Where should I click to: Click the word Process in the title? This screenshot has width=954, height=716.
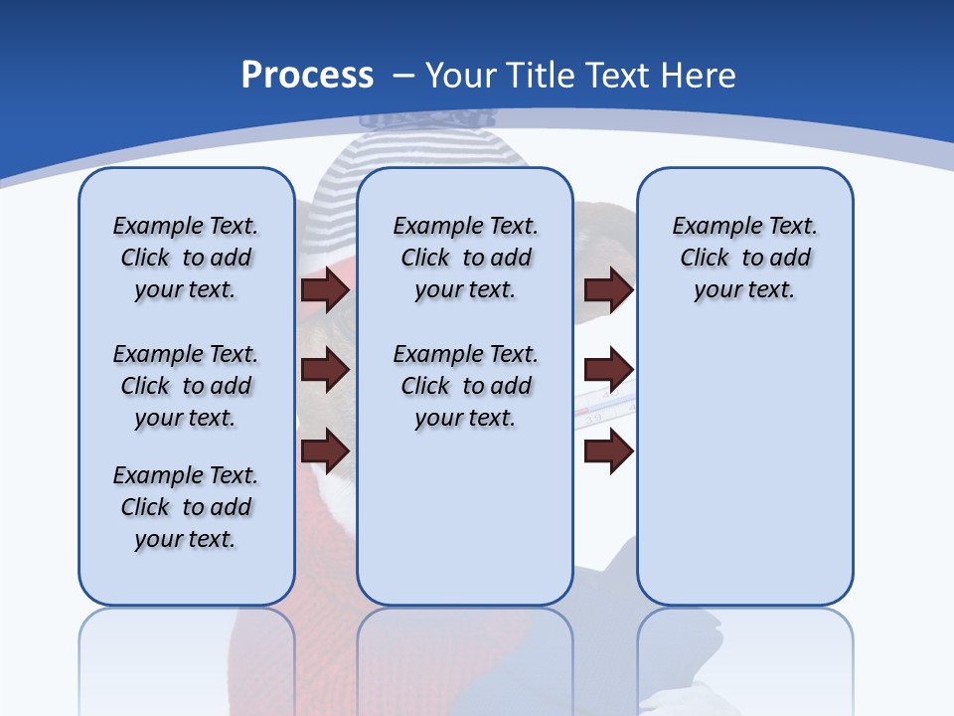point(307,75)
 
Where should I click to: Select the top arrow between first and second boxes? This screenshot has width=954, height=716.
point(325,289)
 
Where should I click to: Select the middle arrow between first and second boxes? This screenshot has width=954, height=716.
point(325,370)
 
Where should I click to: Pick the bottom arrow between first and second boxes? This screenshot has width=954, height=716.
point(325,451)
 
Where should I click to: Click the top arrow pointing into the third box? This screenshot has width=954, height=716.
point(608,289)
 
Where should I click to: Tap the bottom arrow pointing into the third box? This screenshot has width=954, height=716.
point(608,451)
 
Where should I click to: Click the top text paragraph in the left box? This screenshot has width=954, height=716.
point(186,258)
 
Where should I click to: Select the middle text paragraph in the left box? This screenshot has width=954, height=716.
point(186,386)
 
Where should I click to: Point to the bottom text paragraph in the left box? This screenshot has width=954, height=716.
point(186,507)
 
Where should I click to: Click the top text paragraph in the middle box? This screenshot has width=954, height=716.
point(465,258)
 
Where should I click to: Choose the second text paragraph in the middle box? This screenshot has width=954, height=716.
point(465,386)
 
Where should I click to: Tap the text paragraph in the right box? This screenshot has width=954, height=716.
point(744,258)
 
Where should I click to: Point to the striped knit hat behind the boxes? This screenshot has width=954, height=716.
point(427,149)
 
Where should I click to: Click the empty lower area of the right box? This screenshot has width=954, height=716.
point(744,467)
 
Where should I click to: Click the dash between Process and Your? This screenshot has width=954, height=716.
point(403,76)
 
